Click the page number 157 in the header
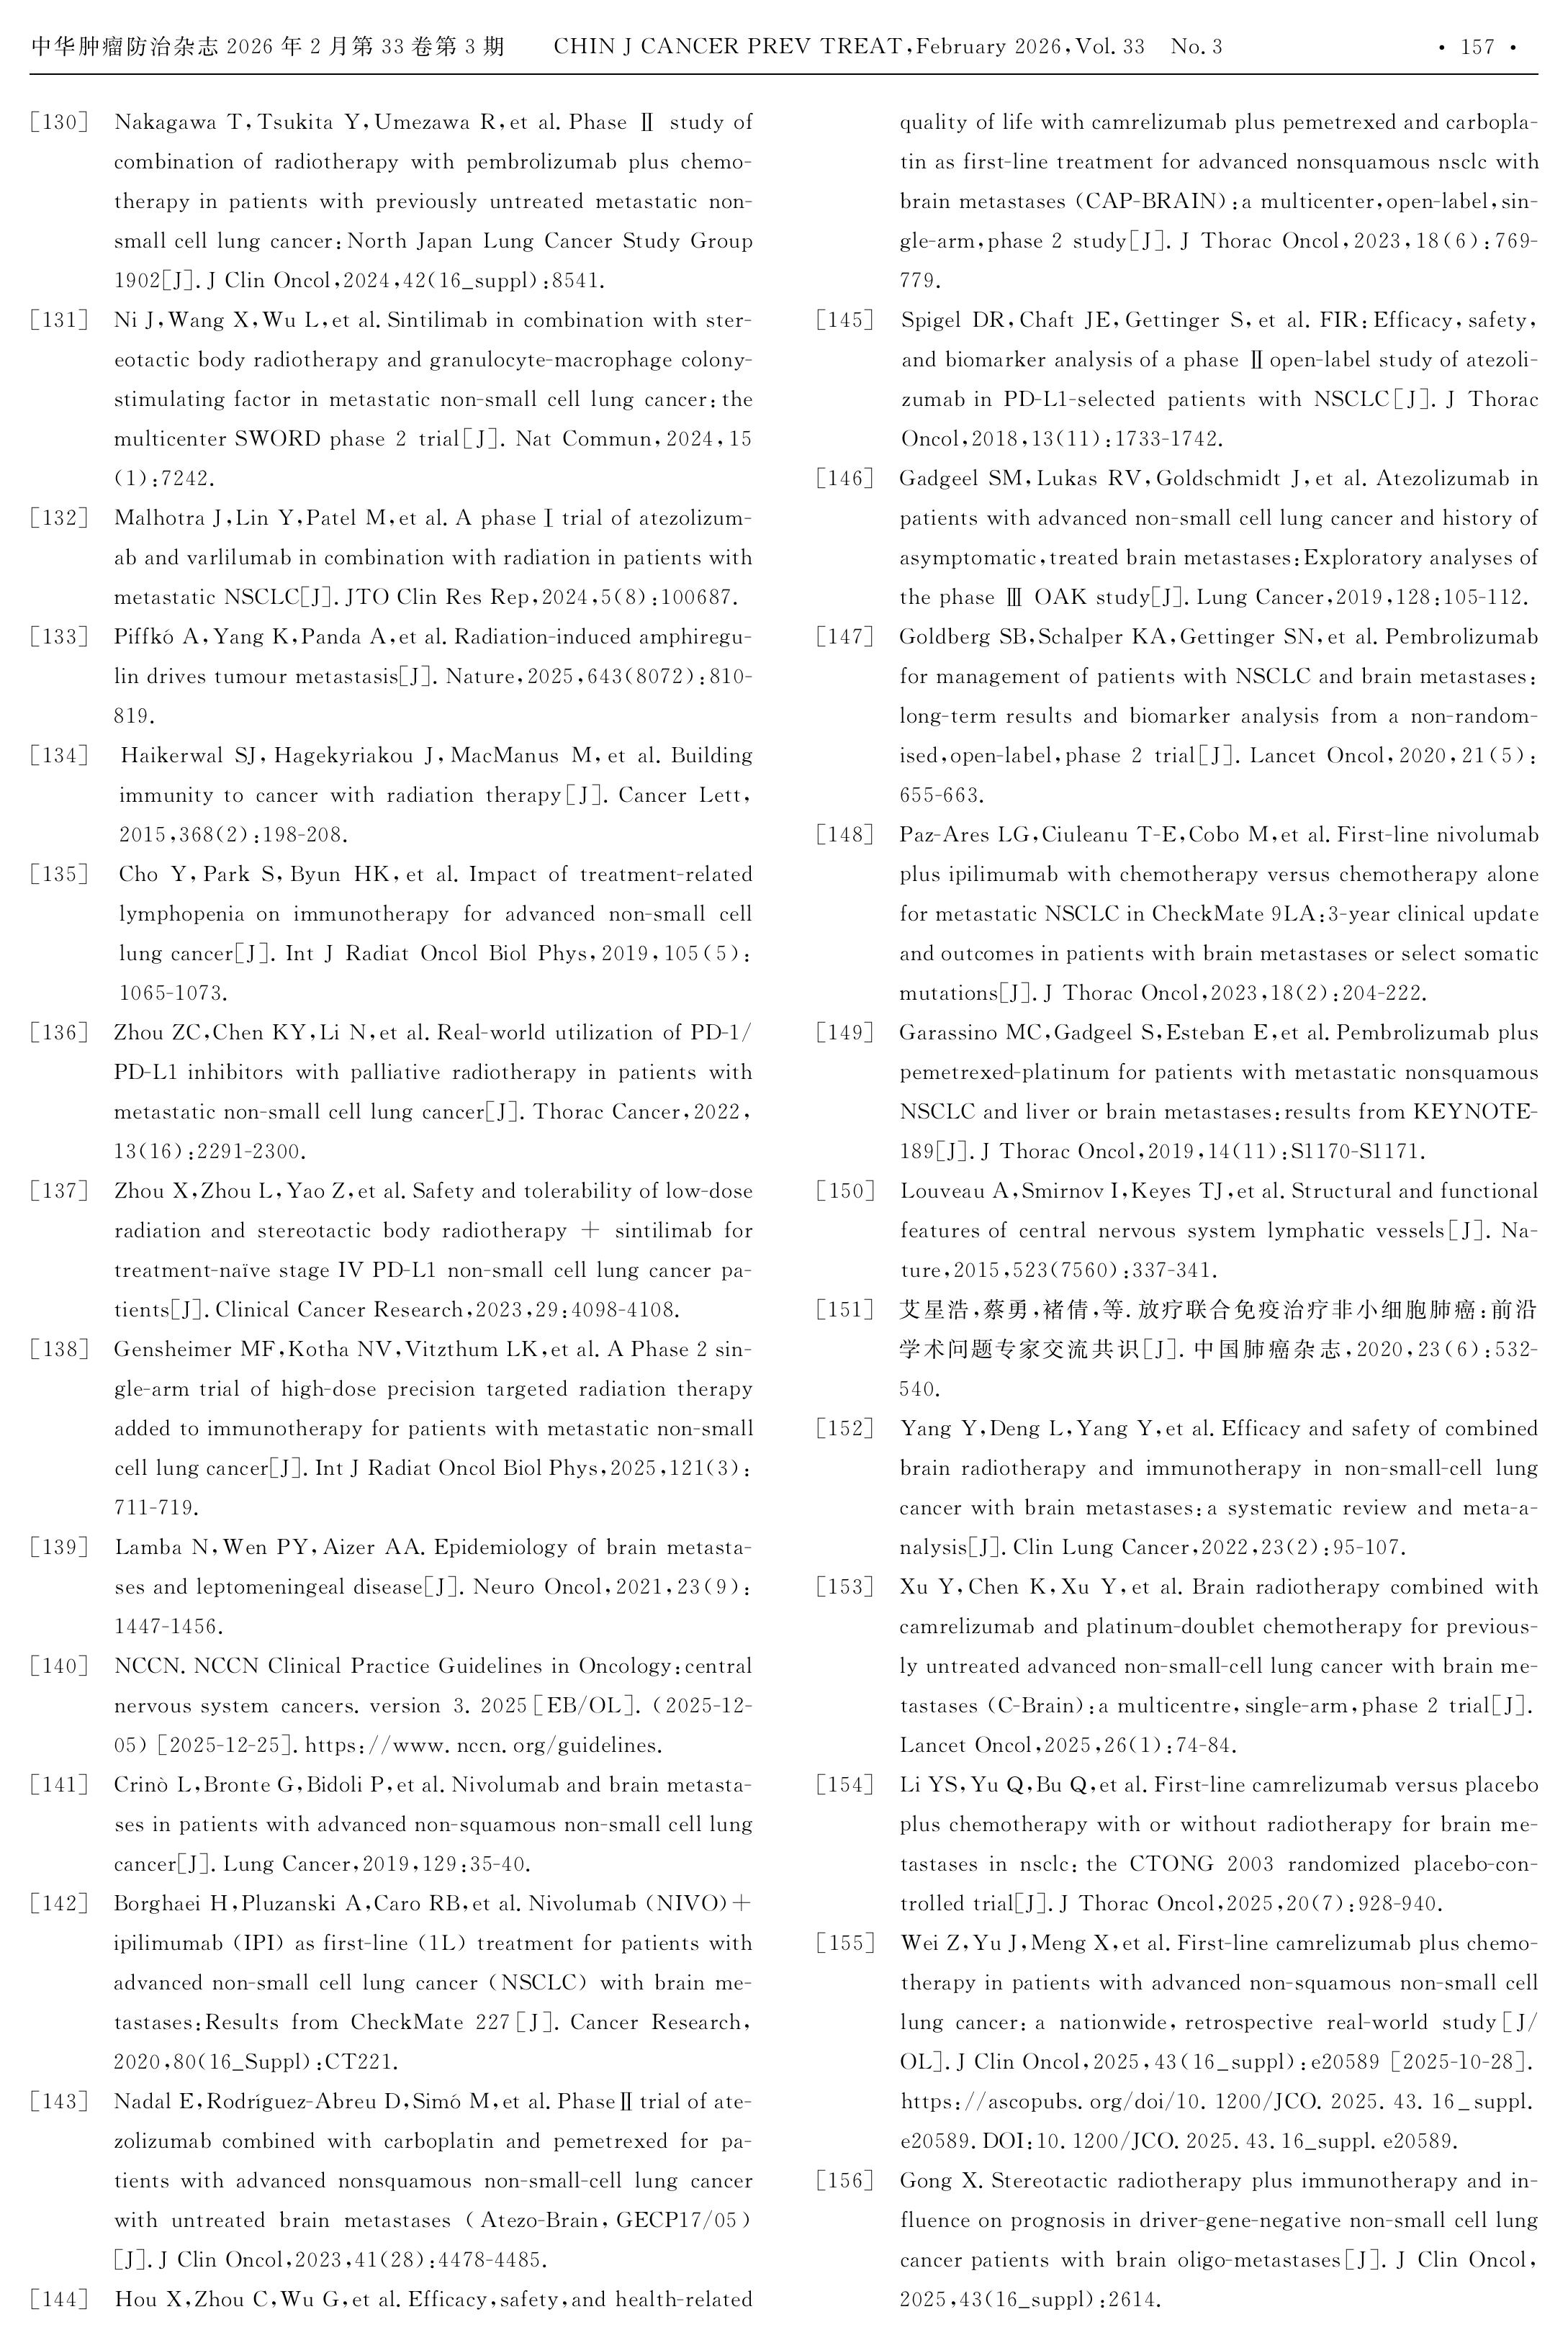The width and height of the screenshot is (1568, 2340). tap(1477, 47)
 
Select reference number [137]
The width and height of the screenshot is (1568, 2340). tap(59, 1191)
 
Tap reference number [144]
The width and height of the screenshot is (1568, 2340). tap(59, 2300)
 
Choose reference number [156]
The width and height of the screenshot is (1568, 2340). tap(845, 2181)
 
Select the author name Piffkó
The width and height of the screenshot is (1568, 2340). tap(144, 637)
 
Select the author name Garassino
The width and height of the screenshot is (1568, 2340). tap(943, 1033)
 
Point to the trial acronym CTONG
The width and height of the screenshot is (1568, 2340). tap(1170, 1864)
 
